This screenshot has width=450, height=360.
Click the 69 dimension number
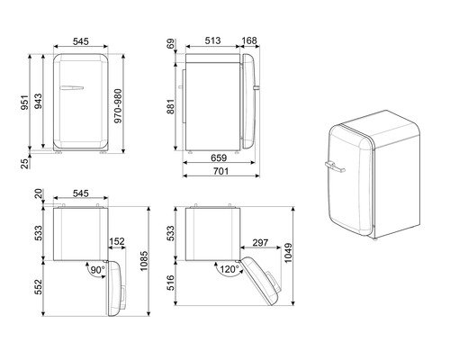coord(170,45)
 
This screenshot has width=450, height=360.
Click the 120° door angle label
coord(229,268)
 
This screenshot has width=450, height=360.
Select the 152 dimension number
coord(116,241)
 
